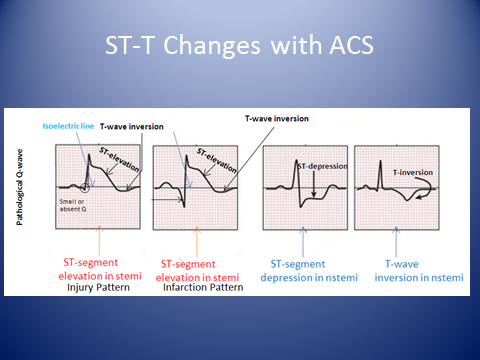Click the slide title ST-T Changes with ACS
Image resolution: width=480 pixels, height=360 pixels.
pos(240,47)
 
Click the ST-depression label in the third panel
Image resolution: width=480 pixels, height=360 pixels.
pos(322,165)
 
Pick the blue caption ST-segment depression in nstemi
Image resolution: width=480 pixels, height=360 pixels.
pos(313,267)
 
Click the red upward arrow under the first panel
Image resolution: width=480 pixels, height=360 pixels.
pos(98,237)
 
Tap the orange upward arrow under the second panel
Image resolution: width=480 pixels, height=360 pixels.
pos(203,237)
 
